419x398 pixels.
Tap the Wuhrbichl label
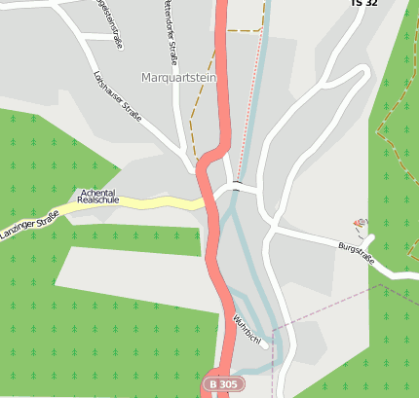248,332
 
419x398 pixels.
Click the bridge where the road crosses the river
237,185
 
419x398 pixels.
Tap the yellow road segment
156,201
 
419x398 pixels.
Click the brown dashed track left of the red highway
195,117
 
